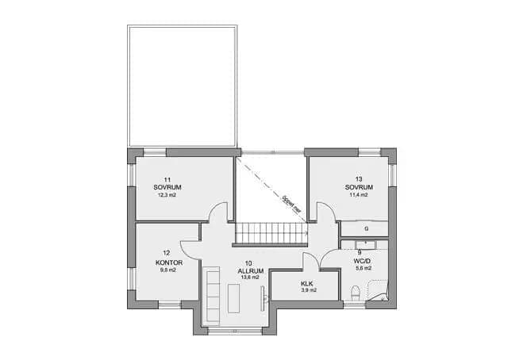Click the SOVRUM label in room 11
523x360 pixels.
click(x=168, y=187)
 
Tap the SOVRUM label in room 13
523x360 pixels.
click(x=359, y=187)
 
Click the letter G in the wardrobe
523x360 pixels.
click(x=366, y=229)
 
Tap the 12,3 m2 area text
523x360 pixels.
click(x=168, y=194)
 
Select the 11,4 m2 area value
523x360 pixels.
click(x=359, y=194)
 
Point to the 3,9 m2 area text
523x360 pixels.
click(x=309, y=291)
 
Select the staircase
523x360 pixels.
click(x=271, y=233)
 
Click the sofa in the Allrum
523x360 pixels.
click(x=212, y=294)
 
